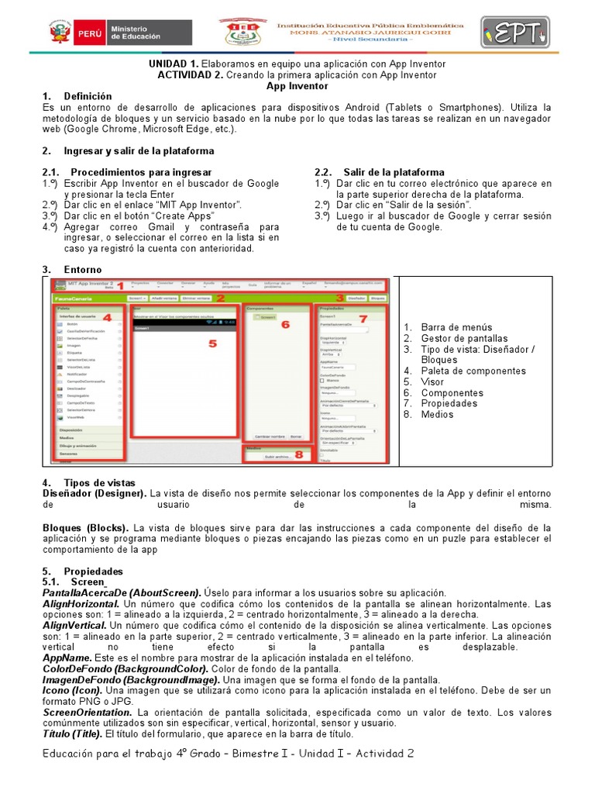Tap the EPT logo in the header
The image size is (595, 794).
coord(514,34)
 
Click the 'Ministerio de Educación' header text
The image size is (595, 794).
coord(136,33)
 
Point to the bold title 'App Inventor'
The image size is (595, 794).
coord(297,85)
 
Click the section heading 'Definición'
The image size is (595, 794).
coord(88,96)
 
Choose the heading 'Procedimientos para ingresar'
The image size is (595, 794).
coord(142,172)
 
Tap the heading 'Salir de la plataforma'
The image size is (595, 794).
coord(394,172)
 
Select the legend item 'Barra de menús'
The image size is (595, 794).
coord(457,327)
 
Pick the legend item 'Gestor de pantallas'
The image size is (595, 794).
coord(465,338)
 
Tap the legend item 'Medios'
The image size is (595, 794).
coord(438,414)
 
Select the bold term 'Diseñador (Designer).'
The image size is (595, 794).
coord(95,493)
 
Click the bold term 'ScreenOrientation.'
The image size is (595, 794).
coord(88,712)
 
